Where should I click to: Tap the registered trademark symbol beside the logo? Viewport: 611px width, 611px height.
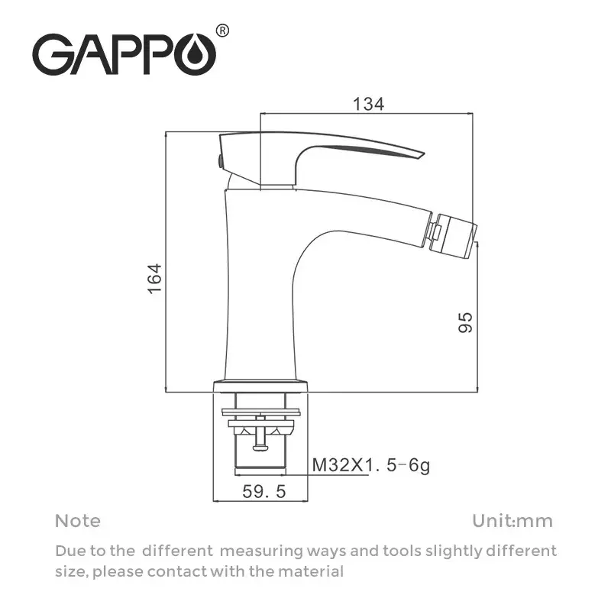pos(222,31)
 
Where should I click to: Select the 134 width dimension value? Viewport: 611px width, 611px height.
pos(367,104)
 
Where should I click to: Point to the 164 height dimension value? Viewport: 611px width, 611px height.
pos(154,280)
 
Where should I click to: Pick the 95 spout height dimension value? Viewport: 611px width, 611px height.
pos(466,322)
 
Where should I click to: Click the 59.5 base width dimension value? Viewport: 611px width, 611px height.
pos(263,493)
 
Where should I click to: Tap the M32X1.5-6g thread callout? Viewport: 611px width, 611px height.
pos(371,464)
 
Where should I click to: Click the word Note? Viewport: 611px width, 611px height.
pos(77,521)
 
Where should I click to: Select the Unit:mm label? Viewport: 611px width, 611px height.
pos(512,521)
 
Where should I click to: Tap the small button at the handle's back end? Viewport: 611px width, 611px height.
pos(219,160)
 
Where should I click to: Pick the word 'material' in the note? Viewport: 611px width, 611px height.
pos(313,571)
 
